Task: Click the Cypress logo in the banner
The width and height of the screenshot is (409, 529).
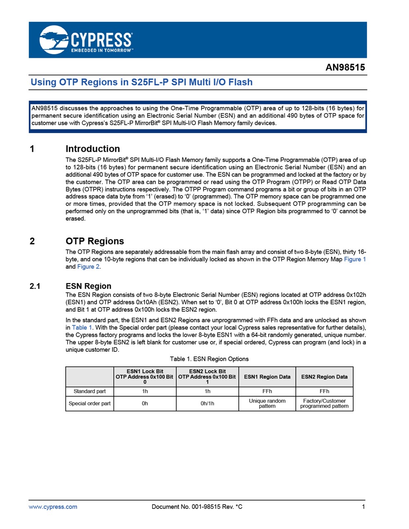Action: [x=86, y=40]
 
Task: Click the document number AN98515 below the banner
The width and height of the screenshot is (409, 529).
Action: [x=345, y=67]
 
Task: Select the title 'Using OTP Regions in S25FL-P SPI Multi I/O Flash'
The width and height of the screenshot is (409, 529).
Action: [x=141, y=82]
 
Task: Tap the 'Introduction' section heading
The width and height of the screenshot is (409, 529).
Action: [x=93, y=149]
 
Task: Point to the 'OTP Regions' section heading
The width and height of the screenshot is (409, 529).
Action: [x=95, y=241]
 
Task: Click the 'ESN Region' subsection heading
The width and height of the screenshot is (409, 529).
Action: [x=88, y=286]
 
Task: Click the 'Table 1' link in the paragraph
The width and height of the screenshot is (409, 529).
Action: [x=82, y=327]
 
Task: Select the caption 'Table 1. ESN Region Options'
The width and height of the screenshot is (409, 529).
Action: [x=209, y=359]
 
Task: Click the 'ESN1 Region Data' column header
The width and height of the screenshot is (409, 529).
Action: [x=267, y=377]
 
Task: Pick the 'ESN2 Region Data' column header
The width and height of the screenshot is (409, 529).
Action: [x=324, y=377]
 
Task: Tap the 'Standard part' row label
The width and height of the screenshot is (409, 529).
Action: [x=90, y=391]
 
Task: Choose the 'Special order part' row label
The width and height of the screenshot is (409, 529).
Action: [x=90, y=403]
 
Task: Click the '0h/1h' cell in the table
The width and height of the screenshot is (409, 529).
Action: [x=207, y=403]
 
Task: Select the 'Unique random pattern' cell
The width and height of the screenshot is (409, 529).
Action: [x=267, y=403]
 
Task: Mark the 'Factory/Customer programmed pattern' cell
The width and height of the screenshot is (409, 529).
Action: [x=324, y=403]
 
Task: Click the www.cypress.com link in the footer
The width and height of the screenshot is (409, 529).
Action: [x=53, y=507]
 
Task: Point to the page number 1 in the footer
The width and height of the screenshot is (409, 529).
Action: [x=364, y=507]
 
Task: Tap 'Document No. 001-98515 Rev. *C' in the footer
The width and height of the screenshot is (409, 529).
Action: [x=197, y=507]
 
